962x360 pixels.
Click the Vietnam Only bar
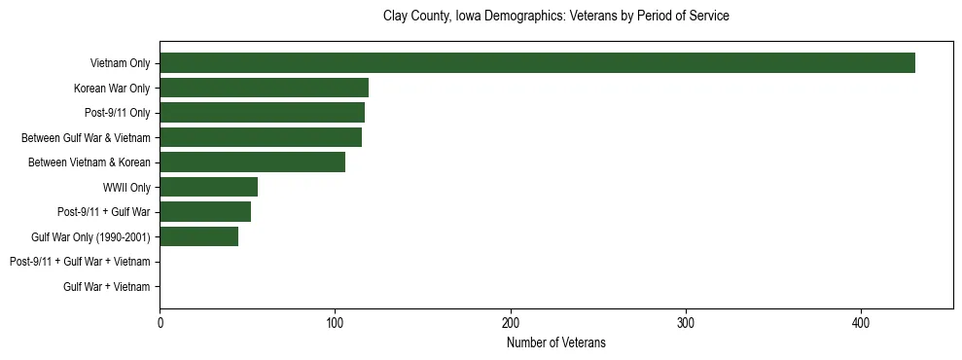pyautogui.click(x=537, y=63)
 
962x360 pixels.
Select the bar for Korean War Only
pyautogui.click(x=264, y=88)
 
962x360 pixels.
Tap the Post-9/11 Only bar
pyautogui.click(x=262, y=113)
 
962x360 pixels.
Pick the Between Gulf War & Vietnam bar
pyautogui.click(x=261, y=137)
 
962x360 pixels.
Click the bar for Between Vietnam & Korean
pyautogui.click(x=252, y=162)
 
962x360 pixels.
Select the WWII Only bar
pyautogui.click(x=208, y=187)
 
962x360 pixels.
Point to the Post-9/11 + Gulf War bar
pyautogui.click(x=205, y=212)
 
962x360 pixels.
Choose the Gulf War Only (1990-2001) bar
pyautogui.click(x=198, y=236)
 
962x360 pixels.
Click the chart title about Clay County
pyautogui.click(x=556, y=17)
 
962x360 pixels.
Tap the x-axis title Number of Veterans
pyautogui.click(x=556, y=342)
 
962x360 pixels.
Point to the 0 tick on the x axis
pyautogui.click(x=160, y=323)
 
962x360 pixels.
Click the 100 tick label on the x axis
pyautogui.click(x=335, y=323)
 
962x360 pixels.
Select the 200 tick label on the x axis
pyautogui.click(x=511, y=323)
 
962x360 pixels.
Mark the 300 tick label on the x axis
pyautogui.click(x=686, y=323)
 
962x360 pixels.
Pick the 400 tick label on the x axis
pyautogui.click(x=861, y=323)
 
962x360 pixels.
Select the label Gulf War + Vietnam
pyautogui.click(x=107, y=286)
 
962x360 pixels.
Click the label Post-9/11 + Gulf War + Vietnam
pyautogui.click(x=80, y=262)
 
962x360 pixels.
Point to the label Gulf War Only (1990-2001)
pyautogui.click(x=91, y=236)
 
